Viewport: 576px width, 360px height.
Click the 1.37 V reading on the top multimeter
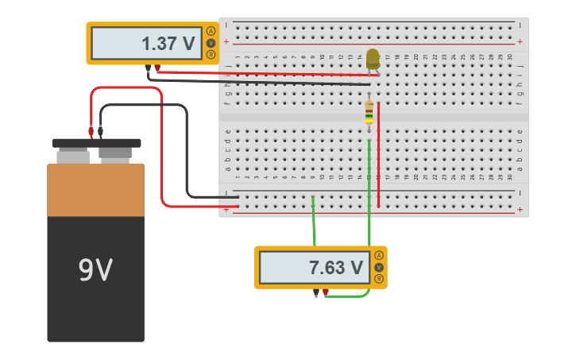pyautogui.click(x=168, y=44)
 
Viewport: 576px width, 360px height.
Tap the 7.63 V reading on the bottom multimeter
pyautogui.click(x=335, y=268)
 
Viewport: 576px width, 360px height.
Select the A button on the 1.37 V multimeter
pyautogui.click(x=211, y=32)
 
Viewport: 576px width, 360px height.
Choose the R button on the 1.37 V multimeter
pyautogui.click(x=211, y=55)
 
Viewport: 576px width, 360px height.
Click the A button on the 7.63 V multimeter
pyautogui.click(x=379, y=255)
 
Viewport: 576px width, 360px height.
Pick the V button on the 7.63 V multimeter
pyautogui.click(x=379, y=267)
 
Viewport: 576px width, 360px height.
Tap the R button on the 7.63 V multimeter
pyautogui.click(x=379, y=279)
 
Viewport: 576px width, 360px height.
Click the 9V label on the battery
pyautogui.click(x=95, y=271)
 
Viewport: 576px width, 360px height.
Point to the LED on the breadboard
pyautogui.click(x=373, y=57)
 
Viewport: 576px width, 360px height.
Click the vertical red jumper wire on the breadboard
pyautogui.click(x=379, y=155)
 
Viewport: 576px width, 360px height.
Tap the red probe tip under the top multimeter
pyautogui.click(x=157, y=68)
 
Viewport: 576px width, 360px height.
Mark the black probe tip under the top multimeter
pyautogui.click(x=148, y=69)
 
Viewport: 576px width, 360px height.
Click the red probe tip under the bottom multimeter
pyautogui.click(x=326, y=292)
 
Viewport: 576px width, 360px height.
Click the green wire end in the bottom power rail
pyautogui.click(x=313, y=198)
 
